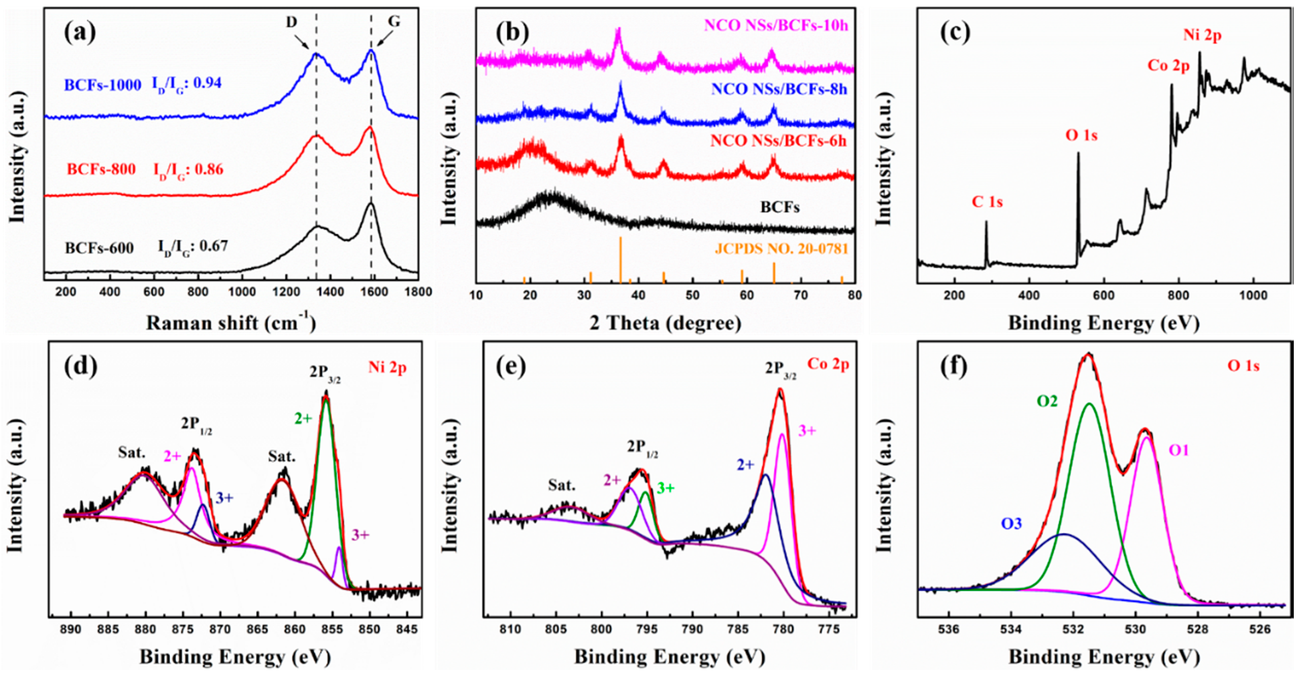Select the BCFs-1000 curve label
tap(103, 85)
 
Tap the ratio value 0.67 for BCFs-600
tap(214, 247)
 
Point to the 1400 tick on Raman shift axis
tap(330, 292)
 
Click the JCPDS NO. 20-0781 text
tap(781, 249)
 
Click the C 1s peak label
tap(987, 202)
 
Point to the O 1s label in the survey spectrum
tap(1081, 135)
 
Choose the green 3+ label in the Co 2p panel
tap(666, 488)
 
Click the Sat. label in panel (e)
tap(562, 485)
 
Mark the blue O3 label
tap(1011, 523)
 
